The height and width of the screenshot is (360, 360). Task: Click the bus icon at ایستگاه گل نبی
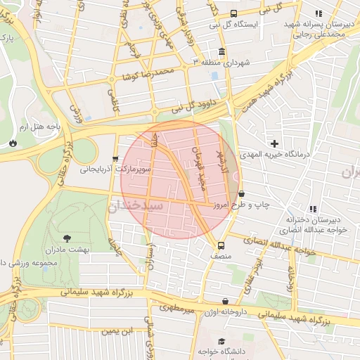pyautogui.click(x=233, y=13)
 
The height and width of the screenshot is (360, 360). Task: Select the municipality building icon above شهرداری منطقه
pyautogui.click(x=222, y=52)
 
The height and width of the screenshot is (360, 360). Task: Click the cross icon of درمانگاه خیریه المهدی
pyautogui.click(x=274, y=143)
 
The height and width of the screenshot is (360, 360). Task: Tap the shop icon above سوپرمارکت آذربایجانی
pyautogui.click(x=116, y=159)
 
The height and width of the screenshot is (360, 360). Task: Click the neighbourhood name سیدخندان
pyautogui.click(x=136, y=206)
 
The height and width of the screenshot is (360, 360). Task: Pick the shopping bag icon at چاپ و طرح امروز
pyautogui.click(x=242, y=193)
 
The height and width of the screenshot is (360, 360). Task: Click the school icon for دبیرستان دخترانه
pyautogui.click(x=312, y=209)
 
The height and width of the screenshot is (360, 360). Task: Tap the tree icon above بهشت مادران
pyautogui.click(x=67, y=239)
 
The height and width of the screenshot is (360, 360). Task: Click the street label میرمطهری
pyautogui.click(x=175, y=308)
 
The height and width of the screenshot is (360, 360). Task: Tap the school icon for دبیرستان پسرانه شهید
pyautogui.click(x=319, y=13)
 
